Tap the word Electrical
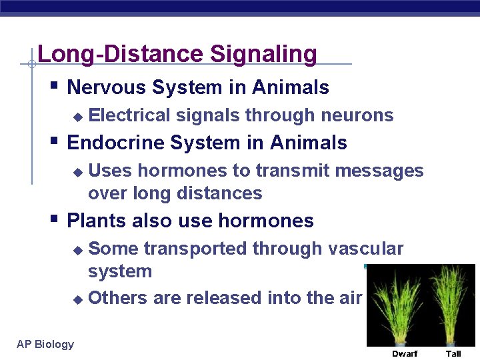129,115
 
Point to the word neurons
357,115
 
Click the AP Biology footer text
45,344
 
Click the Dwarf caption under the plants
405,353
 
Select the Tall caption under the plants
453,353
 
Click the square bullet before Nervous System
55,86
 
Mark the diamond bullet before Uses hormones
77,172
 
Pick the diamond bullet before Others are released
77,299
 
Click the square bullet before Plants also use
55,219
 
